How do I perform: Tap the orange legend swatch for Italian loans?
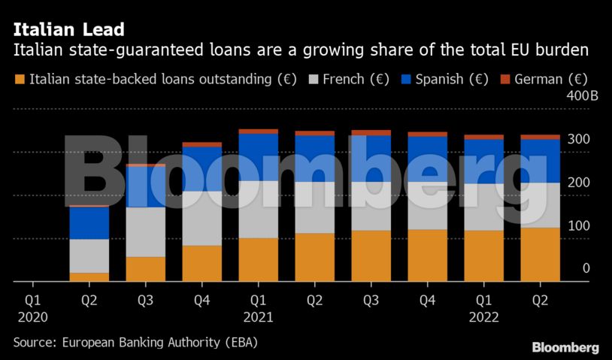point(20,79)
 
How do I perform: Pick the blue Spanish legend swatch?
point(405,79)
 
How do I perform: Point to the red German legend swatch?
point(504,79)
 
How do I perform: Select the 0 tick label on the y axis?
point(586,269)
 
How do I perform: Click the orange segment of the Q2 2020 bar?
point(89,277)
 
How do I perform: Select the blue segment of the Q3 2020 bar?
point(146,186)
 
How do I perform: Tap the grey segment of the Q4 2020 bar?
point(202,218)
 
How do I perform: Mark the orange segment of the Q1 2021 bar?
point(258,259)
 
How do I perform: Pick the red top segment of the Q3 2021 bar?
point(371,133)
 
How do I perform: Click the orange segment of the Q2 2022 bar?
point(540,254)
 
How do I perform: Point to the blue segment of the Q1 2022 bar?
point(483,162)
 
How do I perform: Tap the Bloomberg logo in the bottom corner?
point(565,347)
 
